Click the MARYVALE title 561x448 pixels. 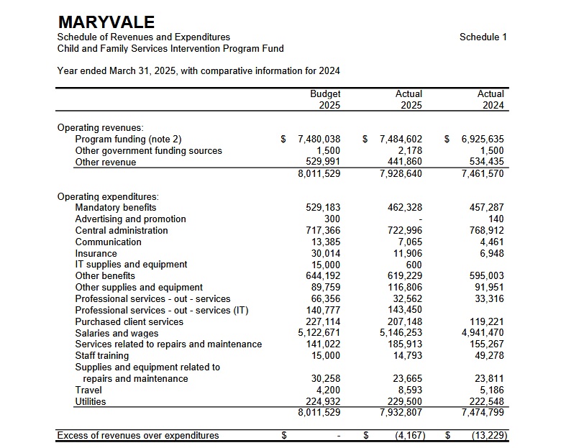(x=106, y=22)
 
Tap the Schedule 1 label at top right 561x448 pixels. (x=483, y=37)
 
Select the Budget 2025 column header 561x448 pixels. (x=325, y=99)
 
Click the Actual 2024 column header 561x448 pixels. (x=491, y=99)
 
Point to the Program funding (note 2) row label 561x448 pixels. (x=129, y=139)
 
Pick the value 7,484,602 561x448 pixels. (x=401, y=139)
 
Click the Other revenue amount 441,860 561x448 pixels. (x=405, y=162)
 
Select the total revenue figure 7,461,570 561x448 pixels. (x=483, y=173)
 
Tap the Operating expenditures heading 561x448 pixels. (x=108, y=196)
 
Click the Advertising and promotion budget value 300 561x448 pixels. (x=332, y=219)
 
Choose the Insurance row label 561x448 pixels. (x=96, y=253)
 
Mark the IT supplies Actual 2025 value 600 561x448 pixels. (x=414, y=265)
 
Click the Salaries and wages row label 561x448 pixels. (x=117, y=333)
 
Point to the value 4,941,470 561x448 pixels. (x=483, y=333)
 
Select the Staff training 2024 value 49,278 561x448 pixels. (x=490, y=356)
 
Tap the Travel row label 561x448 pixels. (x=88, y=390)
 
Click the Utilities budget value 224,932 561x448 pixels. (x=323, y=401)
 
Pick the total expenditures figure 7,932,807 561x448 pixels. (x=401, y=413)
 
